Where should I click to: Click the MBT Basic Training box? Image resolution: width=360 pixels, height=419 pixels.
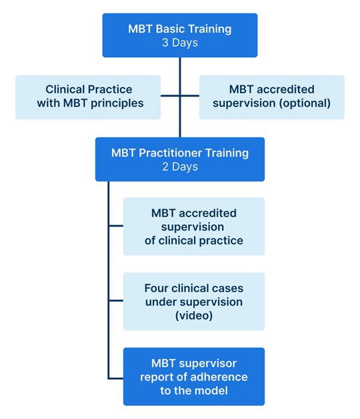point(180,35)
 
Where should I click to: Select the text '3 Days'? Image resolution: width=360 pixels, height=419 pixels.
point(180,43)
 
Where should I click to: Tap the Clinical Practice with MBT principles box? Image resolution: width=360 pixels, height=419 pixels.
point(88,97)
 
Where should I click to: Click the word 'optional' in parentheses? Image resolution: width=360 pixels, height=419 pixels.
point(305,103)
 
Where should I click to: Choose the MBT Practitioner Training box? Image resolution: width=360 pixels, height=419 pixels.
point(180,159)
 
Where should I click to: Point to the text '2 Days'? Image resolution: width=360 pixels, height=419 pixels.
point(180,167)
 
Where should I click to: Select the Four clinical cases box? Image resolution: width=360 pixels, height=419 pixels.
point(194,301)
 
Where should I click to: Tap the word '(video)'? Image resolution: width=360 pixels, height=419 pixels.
point(194,316)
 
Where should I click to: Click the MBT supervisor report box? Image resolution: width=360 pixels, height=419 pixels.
point(194,376)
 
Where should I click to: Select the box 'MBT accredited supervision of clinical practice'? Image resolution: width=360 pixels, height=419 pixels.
point(194,226)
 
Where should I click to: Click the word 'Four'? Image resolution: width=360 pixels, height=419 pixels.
point(156,288)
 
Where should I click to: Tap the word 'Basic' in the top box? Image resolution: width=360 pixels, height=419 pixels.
point(171,29)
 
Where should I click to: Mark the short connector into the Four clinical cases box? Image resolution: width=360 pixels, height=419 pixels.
point(116,300)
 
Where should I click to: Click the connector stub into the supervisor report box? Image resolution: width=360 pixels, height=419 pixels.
point(116,378)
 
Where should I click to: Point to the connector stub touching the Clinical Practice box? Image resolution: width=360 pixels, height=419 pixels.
point(170,96)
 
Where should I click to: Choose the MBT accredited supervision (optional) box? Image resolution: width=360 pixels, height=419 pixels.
point(272,97)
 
